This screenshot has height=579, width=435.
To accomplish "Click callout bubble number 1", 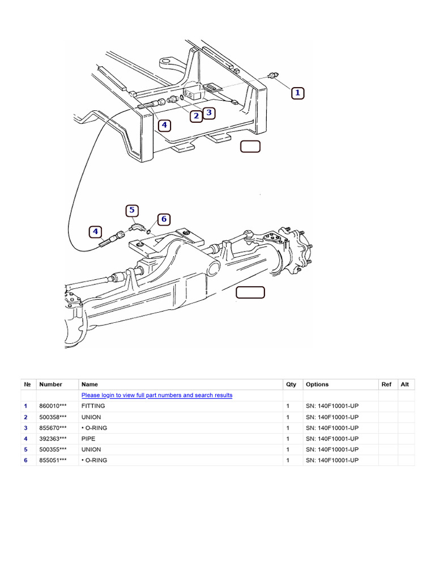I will (x=298, y=93).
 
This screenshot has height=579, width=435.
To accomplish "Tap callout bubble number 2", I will (x=196, y=116).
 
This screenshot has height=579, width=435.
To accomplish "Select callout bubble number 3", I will (x=208, y=113).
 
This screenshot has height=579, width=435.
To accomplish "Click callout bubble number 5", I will (x=131, y=210).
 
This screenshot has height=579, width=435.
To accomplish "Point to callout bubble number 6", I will (x=164, y=219).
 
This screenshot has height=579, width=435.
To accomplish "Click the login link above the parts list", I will (x=157, y=395).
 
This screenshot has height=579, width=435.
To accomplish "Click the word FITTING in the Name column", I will (x=93, y=406).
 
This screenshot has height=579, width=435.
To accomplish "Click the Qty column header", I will (x=291, y=384).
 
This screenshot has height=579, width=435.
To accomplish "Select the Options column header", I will (x=317, y=384).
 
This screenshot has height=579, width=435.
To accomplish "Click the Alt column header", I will (x=405, y=384).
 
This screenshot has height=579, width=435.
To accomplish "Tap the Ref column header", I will (x=386, y=384).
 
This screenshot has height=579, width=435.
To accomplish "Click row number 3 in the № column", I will (x=25, y=428).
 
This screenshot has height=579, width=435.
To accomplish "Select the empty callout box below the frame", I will (x=250, y=146).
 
